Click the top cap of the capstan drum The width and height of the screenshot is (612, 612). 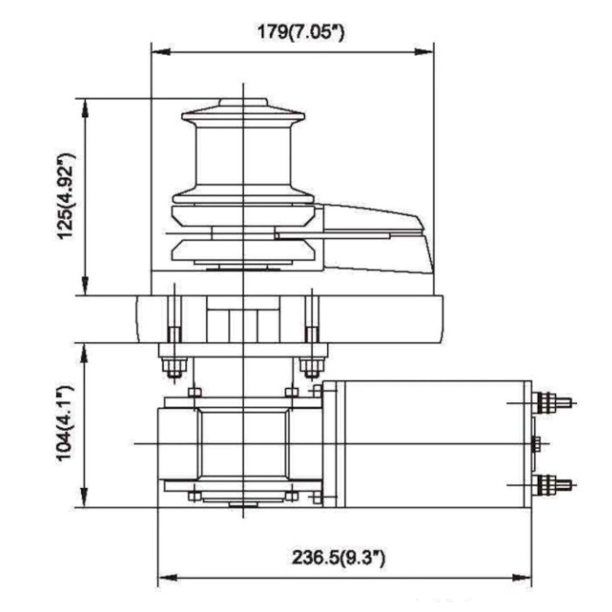click(x=242, y=110)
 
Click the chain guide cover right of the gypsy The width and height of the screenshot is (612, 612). click(x=376, y=236)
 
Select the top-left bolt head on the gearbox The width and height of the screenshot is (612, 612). click(x=195, y=392)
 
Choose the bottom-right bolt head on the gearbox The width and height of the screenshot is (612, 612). click(x=290, y=496)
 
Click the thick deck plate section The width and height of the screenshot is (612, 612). click(x=289, y=318)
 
